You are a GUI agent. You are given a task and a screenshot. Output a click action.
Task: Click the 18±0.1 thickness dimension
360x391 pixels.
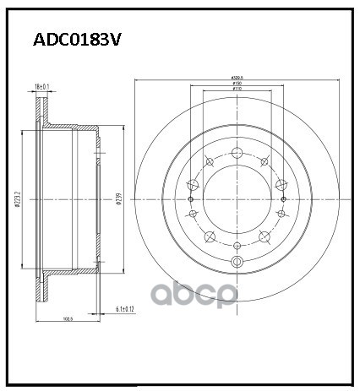coord(41,86)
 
